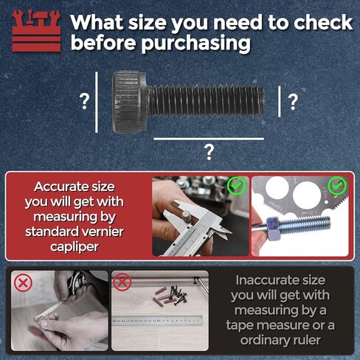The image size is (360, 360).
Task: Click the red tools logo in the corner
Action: (x=35, y=31)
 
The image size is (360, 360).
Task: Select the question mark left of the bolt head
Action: (x=85, y=102)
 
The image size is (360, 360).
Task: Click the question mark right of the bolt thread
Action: (x=293, y=102)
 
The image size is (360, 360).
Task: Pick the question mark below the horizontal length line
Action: (x=210, y=152)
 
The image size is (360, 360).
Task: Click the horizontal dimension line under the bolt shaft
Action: (x=208, y=138)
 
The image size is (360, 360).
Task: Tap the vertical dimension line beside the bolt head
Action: (x=97, y=101)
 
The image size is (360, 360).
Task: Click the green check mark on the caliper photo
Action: (x=235, y=186)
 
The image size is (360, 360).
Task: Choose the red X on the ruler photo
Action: (x=122, y=283)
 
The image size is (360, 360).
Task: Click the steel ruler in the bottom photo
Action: (x=159, y=320)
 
